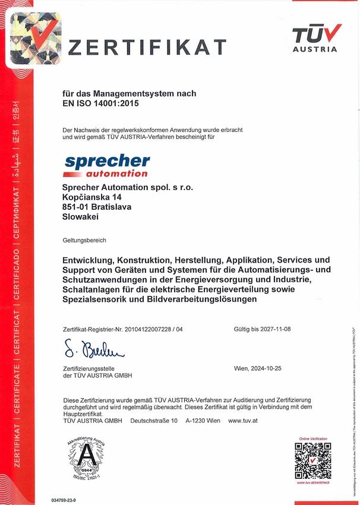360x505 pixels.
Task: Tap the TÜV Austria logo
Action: (x=316, y=38)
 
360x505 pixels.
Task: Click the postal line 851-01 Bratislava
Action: (x=97, y=207)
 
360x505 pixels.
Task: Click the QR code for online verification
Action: (x=312, y=460)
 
